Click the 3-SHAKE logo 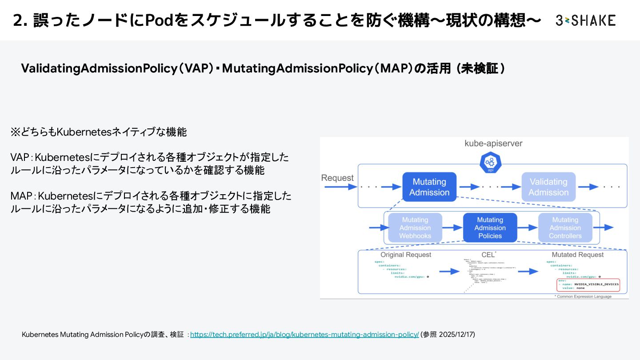coord(585,20)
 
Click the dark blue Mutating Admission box coord(429,187)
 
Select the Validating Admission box coord(548,187)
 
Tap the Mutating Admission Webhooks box coord(415,228)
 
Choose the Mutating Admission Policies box coord(490,228)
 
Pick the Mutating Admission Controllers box coord(565,228)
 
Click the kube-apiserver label coord(493,144)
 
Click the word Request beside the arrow coord(337,178)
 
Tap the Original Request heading coord(406,255)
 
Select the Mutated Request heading coord(578,255)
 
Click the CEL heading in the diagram coord(488,255)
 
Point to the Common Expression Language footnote coord(583,296)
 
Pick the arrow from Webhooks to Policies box coord(452,228)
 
